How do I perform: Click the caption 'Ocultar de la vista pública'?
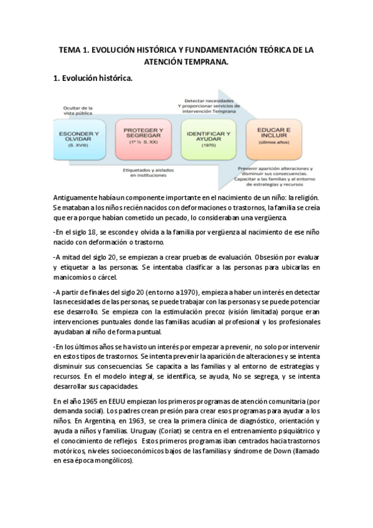(77, 110)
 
